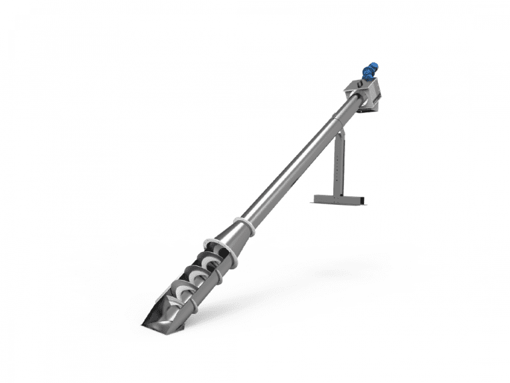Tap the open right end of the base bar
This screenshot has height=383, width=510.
point(363,199)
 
